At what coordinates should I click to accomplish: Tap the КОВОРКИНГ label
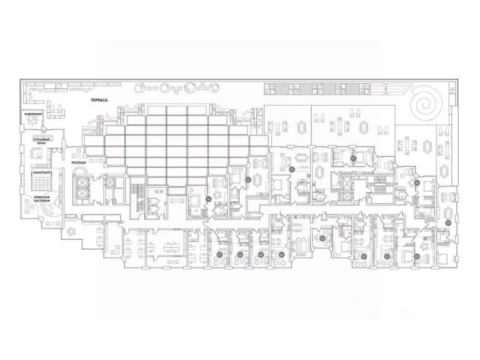(x=33, y=114)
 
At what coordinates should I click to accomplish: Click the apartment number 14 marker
(x=208, y=199)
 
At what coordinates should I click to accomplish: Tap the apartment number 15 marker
(x=248, y=179)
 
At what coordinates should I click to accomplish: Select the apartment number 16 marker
(x=292, y=170)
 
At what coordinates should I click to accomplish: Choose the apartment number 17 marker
(x=354, y=158)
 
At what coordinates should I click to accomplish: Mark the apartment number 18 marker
(x=417, y=183)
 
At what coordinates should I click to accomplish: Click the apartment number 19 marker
(x=448, y=222)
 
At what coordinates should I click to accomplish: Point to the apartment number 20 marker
(x=416, y=256)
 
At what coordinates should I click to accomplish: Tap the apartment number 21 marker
(x=387, y=256)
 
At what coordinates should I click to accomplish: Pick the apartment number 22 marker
(x=364, y=256)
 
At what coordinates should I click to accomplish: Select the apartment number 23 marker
(x=322, y=237)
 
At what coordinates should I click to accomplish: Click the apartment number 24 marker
(x=281, y=254)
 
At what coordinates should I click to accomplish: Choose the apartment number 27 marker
(x=219, y=254)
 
